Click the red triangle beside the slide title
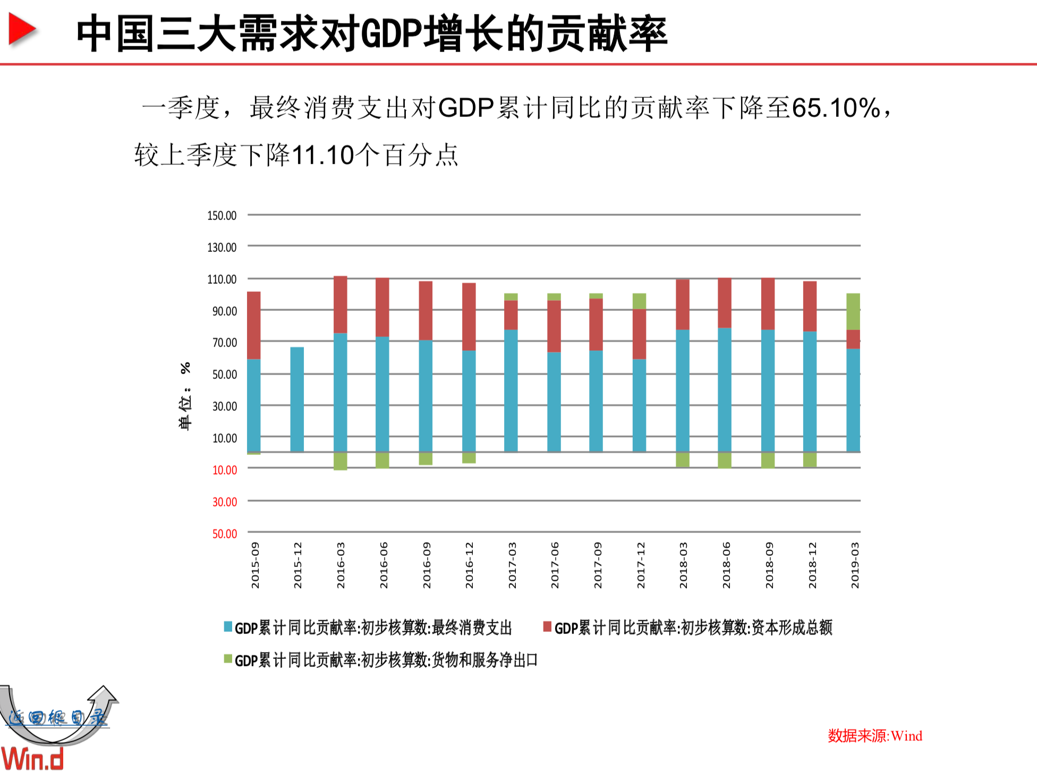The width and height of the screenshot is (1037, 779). tap(22, 30)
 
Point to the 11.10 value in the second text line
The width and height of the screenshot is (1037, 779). tap(323, 156)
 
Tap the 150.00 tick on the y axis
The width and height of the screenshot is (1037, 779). tap(222, 216)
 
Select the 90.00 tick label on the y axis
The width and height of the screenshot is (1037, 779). tap(224, 311)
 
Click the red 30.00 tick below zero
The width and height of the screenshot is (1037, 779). tap(224, 502)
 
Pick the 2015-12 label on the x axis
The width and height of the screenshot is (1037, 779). tap(297, 565)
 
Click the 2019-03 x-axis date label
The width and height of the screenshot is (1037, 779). tap(854, 565)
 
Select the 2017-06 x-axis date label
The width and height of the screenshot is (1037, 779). tap(555, 565)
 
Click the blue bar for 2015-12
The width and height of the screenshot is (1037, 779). tap(297, 400)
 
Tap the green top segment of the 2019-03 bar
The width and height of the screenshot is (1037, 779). tap(853, 311)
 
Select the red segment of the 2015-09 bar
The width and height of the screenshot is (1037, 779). tap(254, 325)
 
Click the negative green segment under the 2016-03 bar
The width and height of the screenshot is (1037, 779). tap(340, 461)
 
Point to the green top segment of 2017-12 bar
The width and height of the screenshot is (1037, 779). tap(639, 301)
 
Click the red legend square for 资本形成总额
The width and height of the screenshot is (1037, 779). tap(547, 627)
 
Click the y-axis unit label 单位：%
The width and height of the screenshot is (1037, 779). tap(185, 396)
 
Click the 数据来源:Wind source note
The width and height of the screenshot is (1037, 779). tap(874, 736)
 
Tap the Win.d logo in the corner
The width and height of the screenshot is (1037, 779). tap(32, 759)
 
